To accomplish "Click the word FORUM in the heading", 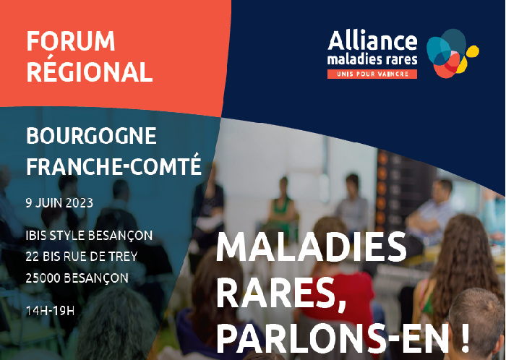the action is pos(71,41).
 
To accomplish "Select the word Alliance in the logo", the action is pos(372,40).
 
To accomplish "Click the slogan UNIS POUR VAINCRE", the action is pos(372,74).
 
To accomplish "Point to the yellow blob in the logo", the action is pos(470,57).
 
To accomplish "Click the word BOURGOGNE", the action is pos(91,136).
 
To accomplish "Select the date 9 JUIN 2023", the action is pos(59,203).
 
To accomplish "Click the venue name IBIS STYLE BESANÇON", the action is pos(89,236).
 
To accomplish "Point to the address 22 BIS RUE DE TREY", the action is pos(82,257).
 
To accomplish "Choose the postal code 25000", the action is pos(43,278).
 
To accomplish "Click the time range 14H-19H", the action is pos(50,311).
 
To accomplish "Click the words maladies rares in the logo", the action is pos(372,60).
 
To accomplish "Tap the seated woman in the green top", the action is pos(281,207).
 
